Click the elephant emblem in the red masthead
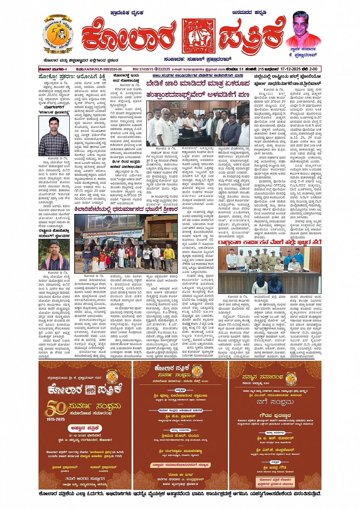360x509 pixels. click(198, 36)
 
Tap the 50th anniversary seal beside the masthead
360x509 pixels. click(58, 35)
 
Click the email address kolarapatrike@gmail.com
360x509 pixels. click(198, 69)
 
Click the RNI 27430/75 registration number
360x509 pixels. click(143, 69)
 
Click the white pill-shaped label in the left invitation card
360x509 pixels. click(85, 428)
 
